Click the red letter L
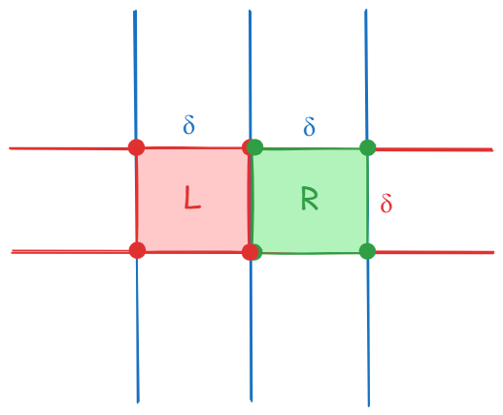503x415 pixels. click(192, 197)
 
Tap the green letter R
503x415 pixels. click(310, 198)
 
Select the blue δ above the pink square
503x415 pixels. click(188, 125)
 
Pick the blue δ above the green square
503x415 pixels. click(309, 126)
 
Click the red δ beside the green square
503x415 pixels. click(386, 203)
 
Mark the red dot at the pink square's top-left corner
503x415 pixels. click(136, 147)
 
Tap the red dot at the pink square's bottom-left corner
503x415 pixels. click(137, 250)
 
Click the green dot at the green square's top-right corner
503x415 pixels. click(368, 147)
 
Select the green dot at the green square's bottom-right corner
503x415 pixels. click(367, 251)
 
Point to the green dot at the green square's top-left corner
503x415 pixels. click(255, 147)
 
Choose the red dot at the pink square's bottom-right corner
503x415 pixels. click(250, 252)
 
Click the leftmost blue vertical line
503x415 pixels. click(136, 207)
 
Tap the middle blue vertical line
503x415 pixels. click(251, 206)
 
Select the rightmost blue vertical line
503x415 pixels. click(367, 207)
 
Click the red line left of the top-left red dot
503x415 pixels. click(69, 148)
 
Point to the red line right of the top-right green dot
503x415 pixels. click(434, 149)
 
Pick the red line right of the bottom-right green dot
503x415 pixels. click(435, 252)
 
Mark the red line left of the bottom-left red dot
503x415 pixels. click(70, 251)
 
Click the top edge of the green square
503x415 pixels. click(312, 149)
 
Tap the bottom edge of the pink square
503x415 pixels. click(193, 252)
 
